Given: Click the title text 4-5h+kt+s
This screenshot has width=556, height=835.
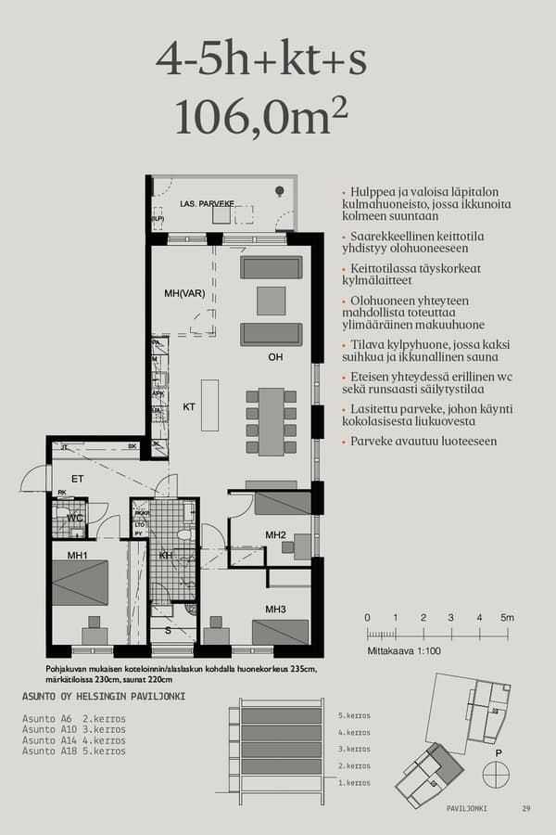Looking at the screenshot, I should pos(261,59).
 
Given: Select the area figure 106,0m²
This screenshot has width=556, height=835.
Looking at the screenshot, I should pos(261,117).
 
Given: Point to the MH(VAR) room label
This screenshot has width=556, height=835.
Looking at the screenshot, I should pos(183,293).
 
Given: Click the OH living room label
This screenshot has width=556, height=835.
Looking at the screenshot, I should pos(274,355).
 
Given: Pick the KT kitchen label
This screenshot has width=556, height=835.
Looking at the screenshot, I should pos(188,406).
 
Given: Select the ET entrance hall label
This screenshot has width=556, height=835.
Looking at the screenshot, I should pos(78,479).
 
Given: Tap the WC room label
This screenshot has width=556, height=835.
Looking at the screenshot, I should pos(74,518).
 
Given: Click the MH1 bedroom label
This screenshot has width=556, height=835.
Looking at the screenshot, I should pos(77,556).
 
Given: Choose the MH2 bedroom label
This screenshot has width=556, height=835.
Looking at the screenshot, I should pos(274,534).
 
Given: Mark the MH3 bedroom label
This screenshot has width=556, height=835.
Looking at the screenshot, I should pos(274,609).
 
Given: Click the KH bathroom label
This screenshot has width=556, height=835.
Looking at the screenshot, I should pos(166,556).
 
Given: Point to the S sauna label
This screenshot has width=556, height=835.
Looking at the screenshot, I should pos(167,630).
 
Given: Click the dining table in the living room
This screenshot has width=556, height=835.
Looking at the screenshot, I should pos(271,421).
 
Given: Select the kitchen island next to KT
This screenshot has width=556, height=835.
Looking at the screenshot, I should pos(209,405).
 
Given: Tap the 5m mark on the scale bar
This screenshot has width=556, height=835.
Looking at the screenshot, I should pos(506,618).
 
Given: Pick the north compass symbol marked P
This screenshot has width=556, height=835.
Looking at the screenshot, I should pos(496,773).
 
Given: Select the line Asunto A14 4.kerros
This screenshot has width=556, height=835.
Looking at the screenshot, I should pos(74,740).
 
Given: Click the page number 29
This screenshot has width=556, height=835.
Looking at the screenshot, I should pos(526,808).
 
